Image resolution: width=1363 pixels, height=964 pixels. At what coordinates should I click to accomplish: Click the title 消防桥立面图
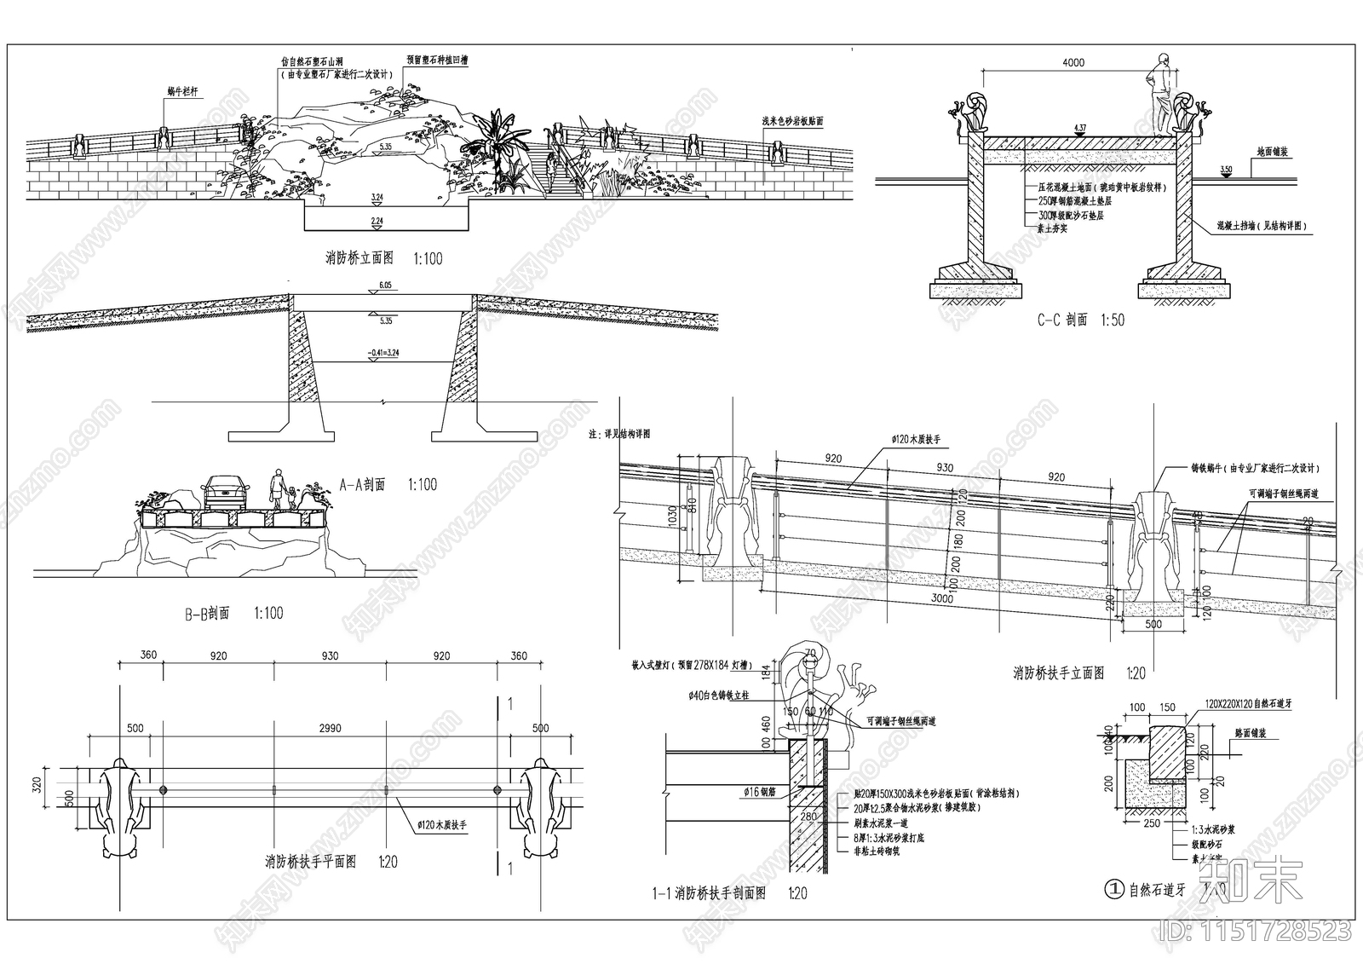click(359, 258)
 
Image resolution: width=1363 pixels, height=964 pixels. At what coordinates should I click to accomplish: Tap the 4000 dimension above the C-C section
click(1073, 62)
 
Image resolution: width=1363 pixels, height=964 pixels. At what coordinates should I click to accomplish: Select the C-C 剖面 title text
click(1062, 320)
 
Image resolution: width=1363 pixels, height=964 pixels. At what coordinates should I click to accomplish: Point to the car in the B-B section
click(225, 493)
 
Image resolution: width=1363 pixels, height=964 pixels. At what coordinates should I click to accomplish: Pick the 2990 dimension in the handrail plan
click(330, 729)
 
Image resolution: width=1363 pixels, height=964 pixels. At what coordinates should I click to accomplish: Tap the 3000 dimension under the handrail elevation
click(941, 598)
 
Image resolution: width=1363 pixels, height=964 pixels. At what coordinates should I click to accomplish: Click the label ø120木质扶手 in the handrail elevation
click(915, 439)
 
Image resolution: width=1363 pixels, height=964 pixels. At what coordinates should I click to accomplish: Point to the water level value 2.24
click(377, 221)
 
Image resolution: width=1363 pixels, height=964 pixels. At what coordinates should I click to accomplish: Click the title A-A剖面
click(362, 485)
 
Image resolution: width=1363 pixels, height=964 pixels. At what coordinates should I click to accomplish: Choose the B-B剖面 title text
click(207, 613)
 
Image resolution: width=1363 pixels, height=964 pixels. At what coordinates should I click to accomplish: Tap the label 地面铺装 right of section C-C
click(1272, 152)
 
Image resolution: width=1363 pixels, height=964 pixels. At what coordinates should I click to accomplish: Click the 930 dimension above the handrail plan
click(330, 656)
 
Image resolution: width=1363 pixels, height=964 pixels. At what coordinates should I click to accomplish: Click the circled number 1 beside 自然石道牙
click(1113, 890)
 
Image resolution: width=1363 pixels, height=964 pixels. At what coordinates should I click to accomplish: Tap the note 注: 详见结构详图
click(618, 433)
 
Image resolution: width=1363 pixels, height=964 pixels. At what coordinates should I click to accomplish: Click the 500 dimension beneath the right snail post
click(1152, 625)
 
